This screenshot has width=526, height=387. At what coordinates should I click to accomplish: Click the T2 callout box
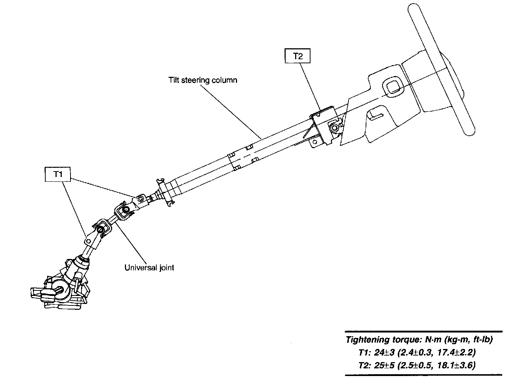pyautogui.click(x=298, y=57)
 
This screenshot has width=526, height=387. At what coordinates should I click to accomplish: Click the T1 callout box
pyautogui.click(x=58, y=174)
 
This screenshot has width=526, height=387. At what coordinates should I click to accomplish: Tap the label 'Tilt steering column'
pyautogui.click(x=203, y=80)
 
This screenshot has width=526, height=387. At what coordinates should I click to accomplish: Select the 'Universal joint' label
pyautogui.click(x=149, y=267)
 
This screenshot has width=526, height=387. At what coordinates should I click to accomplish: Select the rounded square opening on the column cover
pyautogui.click(x=393, y=87)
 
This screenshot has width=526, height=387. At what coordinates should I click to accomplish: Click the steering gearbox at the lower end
pyautogui.click(x=60, y=289)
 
